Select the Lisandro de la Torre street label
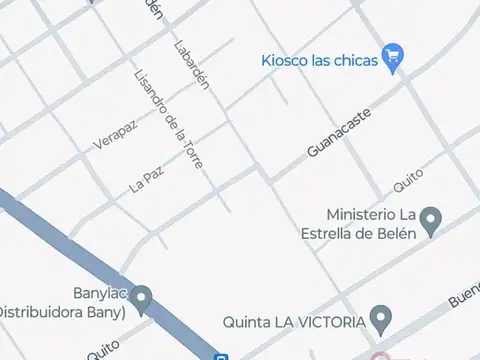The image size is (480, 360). point(168,120)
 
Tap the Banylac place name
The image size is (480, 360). point(96,295)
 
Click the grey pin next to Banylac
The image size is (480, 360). point(142,298)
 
